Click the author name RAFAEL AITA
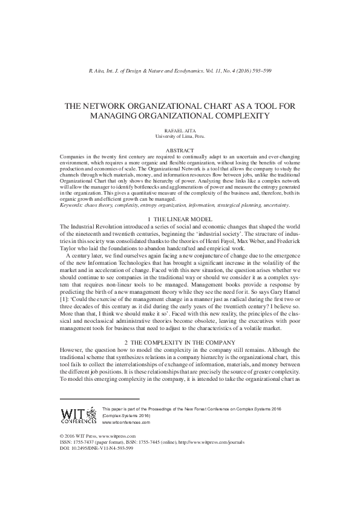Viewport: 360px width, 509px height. [179, 130]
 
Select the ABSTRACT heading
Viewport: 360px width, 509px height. [180, 149]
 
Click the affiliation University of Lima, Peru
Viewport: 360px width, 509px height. [180, 136]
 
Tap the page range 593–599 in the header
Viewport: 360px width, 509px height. [260, 71]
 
